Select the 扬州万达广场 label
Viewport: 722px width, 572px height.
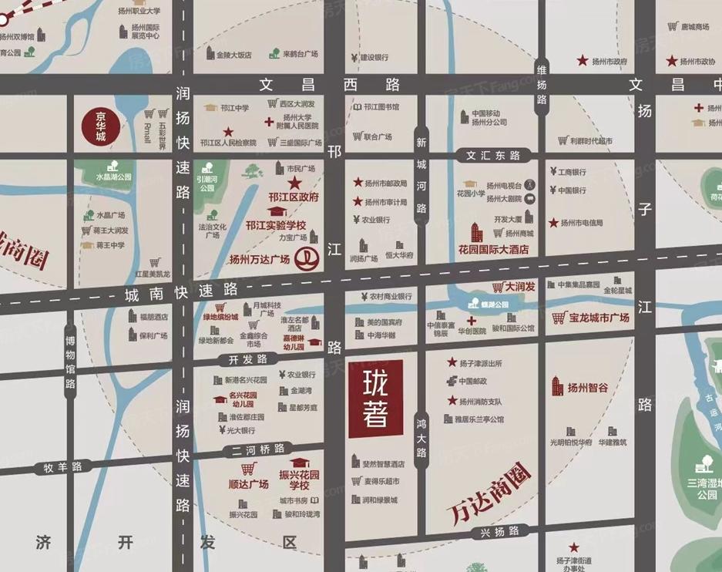tap(259, 260)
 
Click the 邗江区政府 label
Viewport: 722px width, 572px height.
tap(294, 197)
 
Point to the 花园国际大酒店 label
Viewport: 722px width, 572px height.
tap(494, 249)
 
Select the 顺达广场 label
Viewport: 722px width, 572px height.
tap(249, 483)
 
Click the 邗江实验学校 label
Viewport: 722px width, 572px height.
tap(276, 225)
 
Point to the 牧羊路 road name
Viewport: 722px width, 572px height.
tap(62, 467)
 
